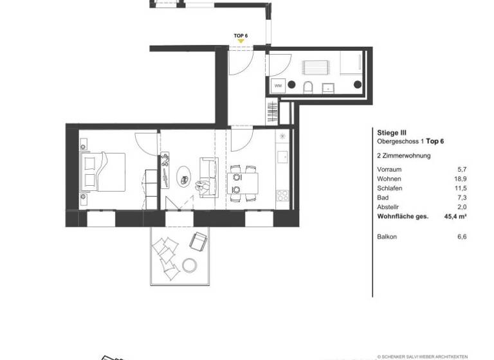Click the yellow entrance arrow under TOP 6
click(x=241, y=41)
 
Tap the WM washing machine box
click(x=279, y=85)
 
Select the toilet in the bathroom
click(x=307, y=87)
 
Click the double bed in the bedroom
click(x=100, y=172)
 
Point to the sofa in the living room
click(x=206, y=177)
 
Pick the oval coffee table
click(x=184, y=174)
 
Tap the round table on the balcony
click(x=189, y=264)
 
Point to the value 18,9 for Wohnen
click(x=460, y=179)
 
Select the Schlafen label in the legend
click(x=389, y=189)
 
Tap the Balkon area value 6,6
click(x=461, y=237)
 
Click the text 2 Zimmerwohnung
click(x=403, y=156)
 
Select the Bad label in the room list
click(x=382, y=198)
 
